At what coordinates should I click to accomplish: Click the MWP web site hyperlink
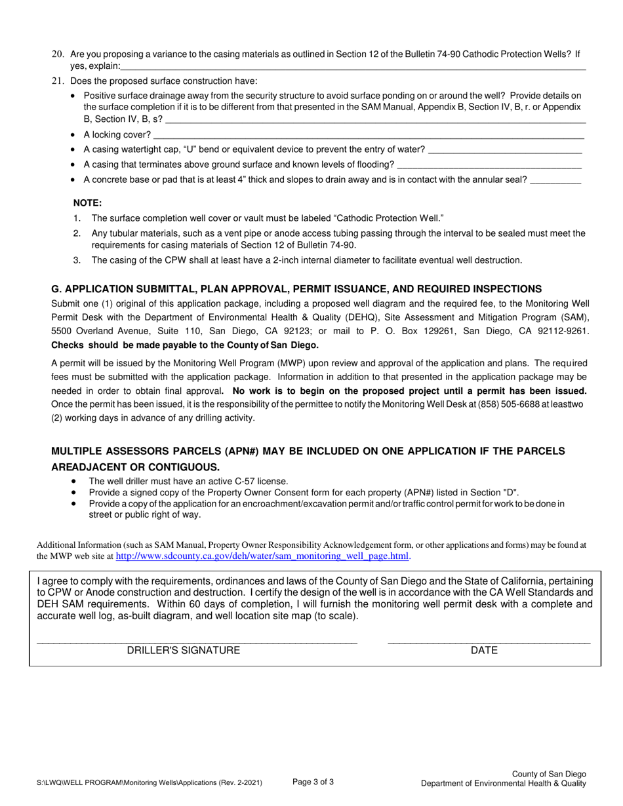(x=262, y=556)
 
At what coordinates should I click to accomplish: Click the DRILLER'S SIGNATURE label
(x=183, y=651)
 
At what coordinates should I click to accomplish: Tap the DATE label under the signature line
(x=484, y=651)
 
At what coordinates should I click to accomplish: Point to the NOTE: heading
(x=87, y=203)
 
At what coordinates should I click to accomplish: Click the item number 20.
(x=58, y=54)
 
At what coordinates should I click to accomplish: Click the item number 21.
(x=58, y=81)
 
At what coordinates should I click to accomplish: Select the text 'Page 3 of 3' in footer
(x=313, y=781)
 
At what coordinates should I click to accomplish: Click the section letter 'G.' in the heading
(x=56, y=289)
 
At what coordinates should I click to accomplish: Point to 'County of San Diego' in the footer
(x=549, y=774)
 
